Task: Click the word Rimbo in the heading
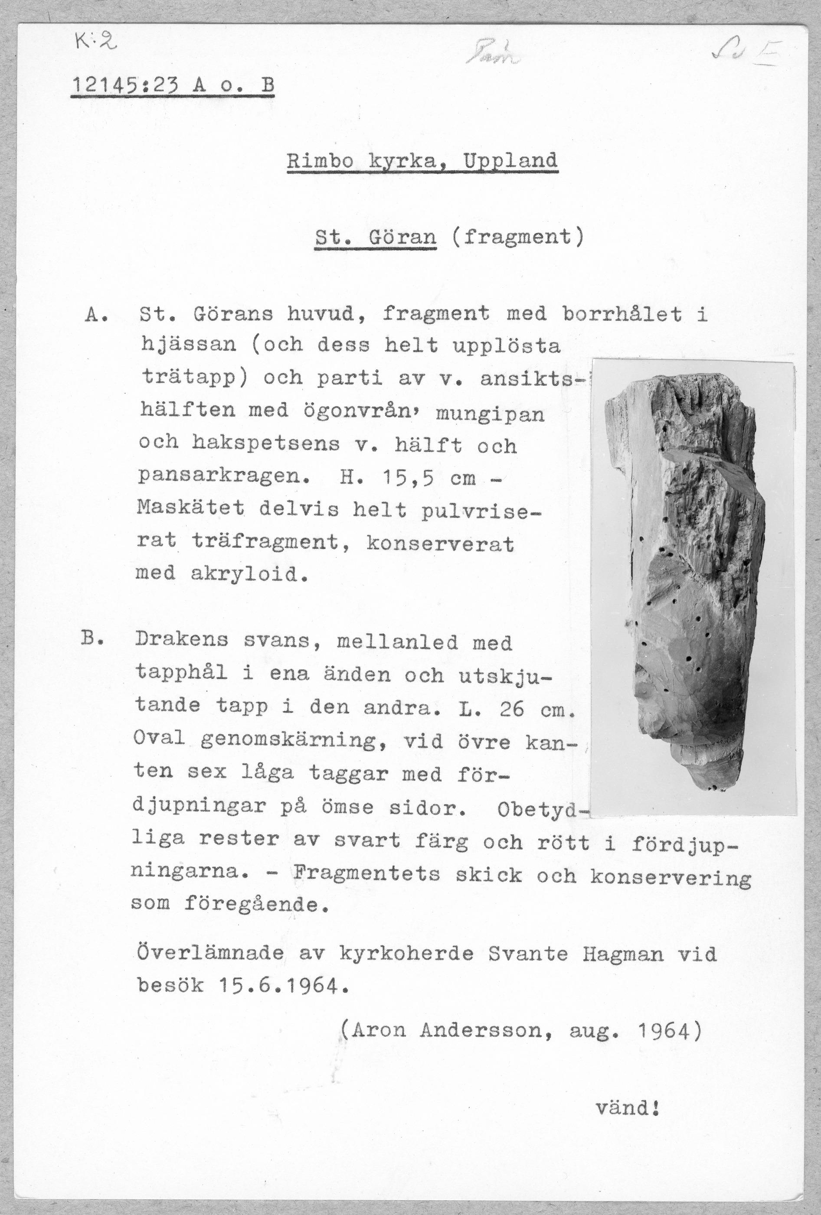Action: pyautogui.click(x=320, y=161)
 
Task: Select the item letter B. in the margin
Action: pyautogui.click(x=94, y=639)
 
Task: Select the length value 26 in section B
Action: pyautogui.click(x=511, y=710)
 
